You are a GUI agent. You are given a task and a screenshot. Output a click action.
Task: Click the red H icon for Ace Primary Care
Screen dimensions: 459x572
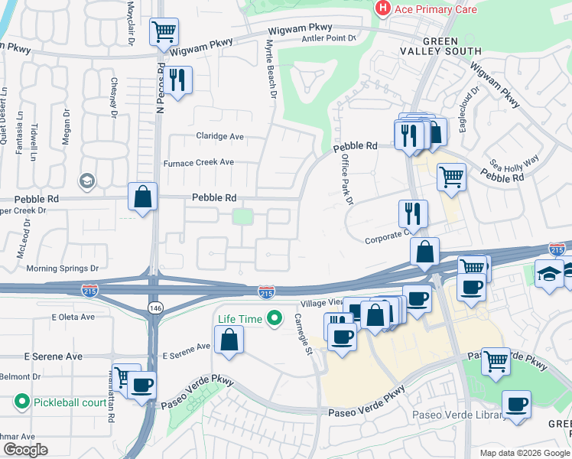pyautogui.click(x=382, y=8)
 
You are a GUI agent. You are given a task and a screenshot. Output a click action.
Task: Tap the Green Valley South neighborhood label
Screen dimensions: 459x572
pyautogui.click(x=440, y=46)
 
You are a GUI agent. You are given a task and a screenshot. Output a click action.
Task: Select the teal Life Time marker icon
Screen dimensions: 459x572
pyautogui.click(x=272, y=318)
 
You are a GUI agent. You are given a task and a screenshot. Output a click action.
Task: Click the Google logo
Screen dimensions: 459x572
pyautogui.click(x=24, y=450)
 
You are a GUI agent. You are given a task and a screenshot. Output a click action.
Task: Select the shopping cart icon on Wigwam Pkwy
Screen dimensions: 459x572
pyautogui.click(x=164, y=32)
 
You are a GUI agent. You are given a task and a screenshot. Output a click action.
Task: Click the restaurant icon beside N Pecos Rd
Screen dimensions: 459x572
pyautogui.click(x=178, y=80)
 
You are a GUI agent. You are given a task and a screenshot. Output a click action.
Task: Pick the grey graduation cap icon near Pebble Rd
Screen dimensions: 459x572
pyautogui.click(x=86, y=181)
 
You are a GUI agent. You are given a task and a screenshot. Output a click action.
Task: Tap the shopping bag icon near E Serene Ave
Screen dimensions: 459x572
pyautogui.click(x=229, y=339)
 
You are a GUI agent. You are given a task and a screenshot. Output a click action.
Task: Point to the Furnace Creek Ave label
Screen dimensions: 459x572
pyautogui.click(x=199, y=162)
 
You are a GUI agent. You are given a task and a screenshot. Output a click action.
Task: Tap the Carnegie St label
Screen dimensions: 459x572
pyautogui.click(x=305, y=333)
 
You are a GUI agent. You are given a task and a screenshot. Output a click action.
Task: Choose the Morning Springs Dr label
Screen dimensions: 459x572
pyautogui.click(x=63, y=269)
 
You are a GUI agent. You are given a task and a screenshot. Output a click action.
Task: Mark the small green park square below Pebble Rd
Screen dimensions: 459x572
pyautogui.click(x=243, y=216)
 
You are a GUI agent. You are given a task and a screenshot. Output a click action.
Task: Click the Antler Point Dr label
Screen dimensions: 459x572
pyautogui.click(x=330, y=37)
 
